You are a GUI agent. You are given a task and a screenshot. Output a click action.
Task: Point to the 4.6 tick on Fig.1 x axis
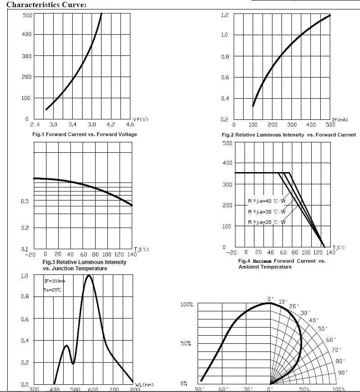coord(130,124)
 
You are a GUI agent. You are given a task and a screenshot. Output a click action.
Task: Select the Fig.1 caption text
coord(84,134)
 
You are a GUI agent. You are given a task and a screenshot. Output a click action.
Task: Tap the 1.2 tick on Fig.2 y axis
coord(225,15)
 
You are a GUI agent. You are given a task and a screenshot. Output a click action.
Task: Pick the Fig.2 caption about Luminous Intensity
coord(289,135)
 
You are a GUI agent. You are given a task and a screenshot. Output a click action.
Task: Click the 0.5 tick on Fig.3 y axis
coord(25,201)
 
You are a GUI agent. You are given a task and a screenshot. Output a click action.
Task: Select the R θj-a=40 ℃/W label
coord(267,201)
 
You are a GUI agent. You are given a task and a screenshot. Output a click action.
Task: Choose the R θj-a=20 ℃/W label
coord(267,222)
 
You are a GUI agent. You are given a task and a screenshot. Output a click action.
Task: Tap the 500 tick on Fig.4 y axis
coord(227,143)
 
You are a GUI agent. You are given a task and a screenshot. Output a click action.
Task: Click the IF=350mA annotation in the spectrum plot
coord(55,281)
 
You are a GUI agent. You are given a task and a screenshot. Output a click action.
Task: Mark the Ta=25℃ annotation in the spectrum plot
coord(53,290)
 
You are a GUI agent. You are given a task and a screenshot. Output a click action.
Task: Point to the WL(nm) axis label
coord(144,384)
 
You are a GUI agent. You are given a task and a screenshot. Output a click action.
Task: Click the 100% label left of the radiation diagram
coord(187,305)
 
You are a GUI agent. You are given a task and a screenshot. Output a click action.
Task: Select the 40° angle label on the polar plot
coord(313,320)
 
